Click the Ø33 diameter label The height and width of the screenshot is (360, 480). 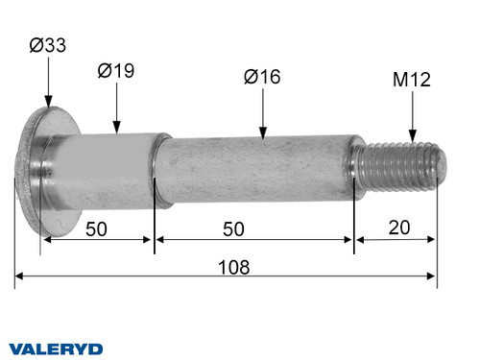coord(47,45)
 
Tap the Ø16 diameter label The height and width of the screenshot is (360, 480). coord(262,77)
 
